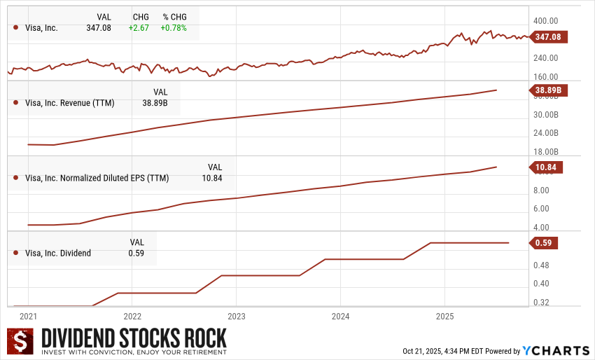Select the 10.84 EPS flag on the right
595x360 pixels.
(547, 167)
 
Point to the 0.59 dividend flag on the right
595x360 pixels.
(545, 243)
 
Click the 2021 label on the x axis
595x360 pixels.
(29, 316)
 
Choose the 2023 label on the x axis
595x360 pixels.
(236, 316)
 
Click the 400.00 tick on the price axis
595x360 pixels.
(545, 22)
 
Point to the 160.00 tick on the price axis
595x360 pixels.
(545, 77)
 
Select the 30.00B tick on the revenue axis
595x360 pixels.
(545, 115)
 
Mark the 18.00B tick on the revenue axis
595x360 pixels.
(545, 151)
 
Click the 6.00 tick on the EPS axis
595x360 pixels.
(540, 209)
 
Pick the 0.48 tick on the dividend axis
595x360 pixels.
(540, 265)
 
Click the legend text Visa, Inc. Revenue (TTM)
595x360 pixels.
(69, 103)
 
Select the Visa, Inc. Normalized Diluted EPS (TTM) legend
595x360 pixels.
(97, 178)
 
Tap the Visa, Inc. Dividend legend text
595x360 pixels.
(58, 253)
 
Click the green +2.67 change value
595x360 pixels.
(136, 28)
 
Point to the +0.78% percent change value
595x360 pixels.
(174, 28)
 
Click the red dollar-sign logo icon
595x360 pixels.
(22, 341)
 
